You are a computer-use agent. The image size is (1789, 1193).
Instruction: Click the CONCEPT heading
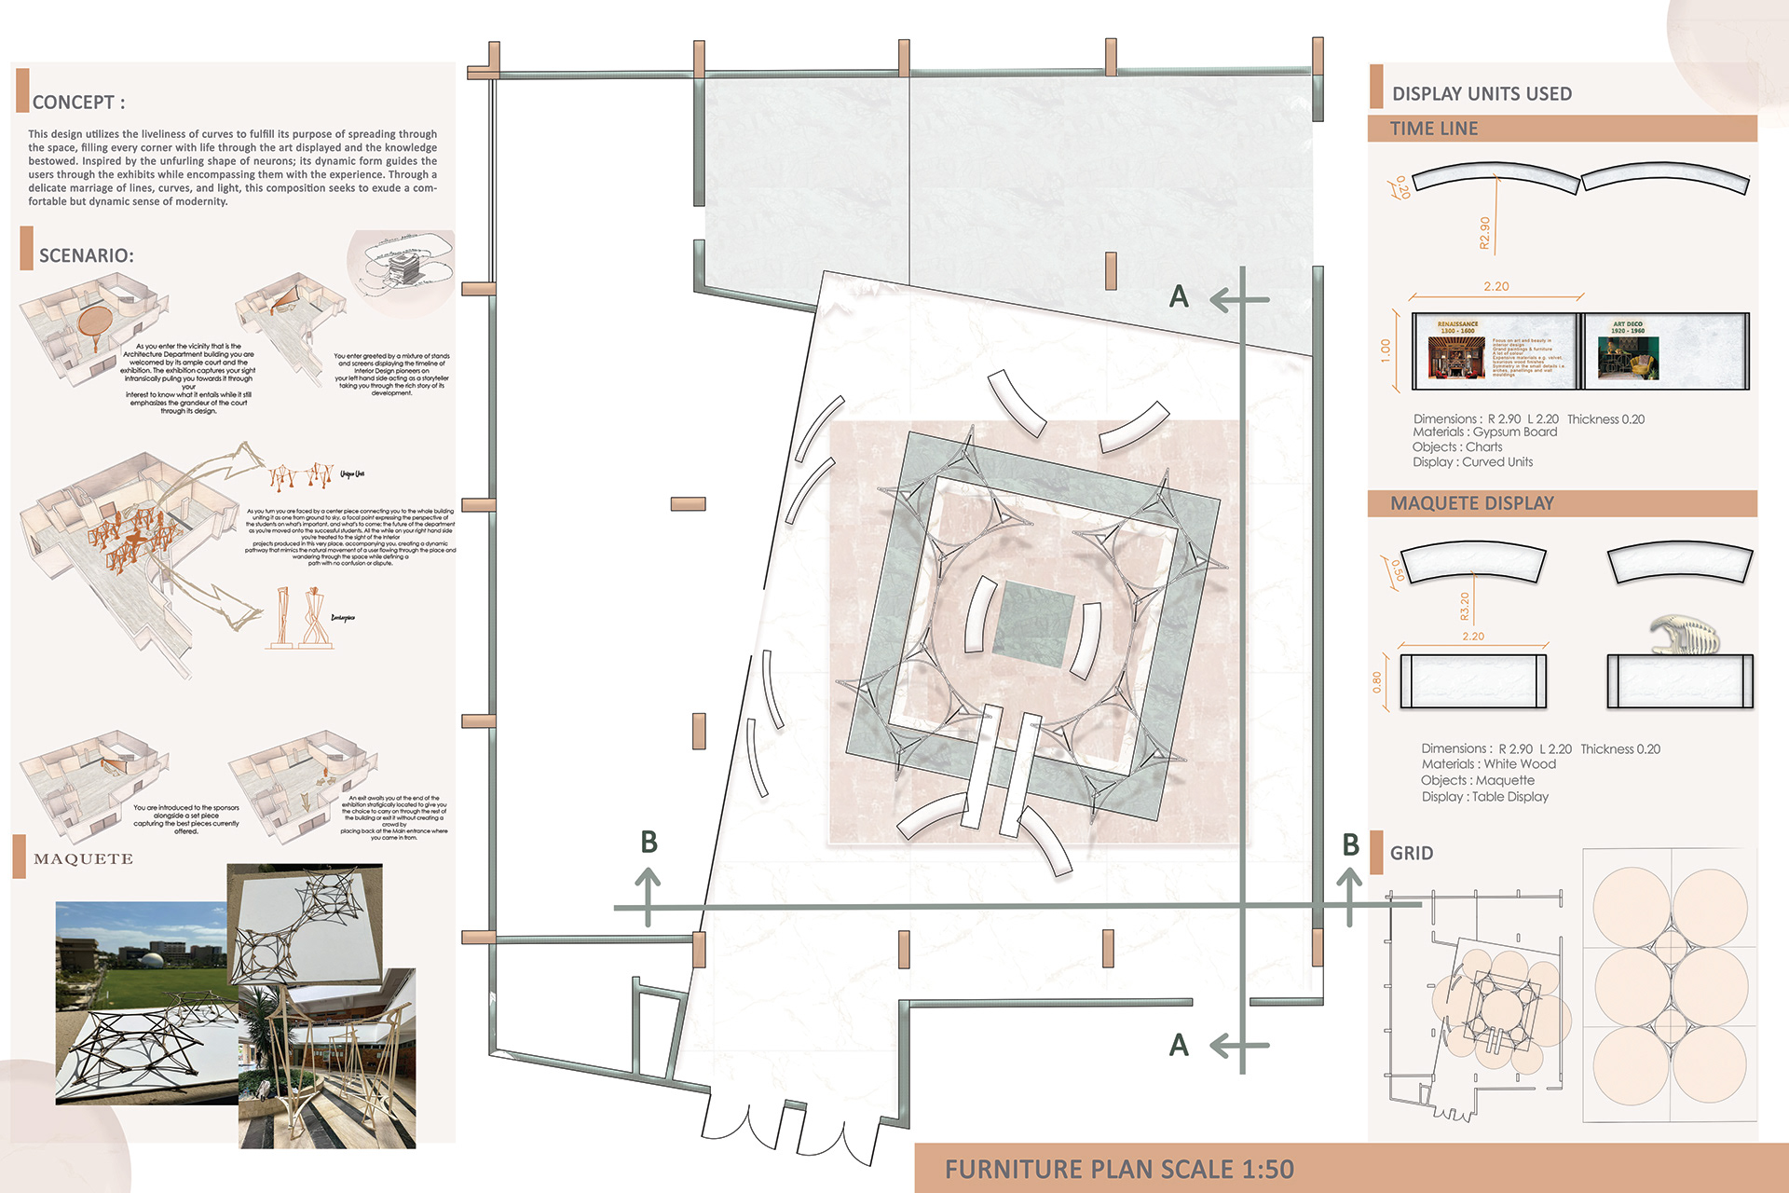tap(78, 103)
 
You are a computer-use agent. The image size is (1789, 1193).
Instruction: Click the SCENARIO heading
tap(86, 255)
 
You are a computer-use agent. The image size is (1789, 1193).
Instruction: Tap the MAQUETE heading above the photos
tap(83, 859)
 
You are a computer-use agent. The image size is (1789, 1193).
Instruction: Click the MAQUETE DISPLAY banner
tap(1471, 503)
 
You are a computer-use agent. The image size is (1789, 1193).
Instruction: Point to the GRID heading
tap(1411, 853)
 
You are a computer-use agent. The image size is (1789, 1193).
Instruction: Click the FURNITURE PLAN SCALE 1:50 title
tap(1118, 1169)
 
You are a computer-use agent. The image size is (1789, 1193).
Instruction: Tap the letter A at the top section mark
tap(1179, 296)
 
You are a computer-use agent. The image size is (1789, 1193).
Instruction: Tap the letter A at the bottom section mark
tap(1179, 1045)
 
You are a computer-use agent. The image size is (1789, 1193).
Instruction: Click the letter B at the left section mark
tap(649, 842)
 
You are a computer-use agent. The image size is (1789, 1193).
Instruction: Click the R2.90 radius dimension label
tap(1484, 232)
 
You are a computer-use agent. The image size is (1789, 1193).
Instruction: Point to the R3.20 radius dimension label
tap(1464, 606)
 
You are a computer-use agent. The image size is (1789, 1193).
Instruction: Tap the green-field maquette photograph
tap(140, 1002)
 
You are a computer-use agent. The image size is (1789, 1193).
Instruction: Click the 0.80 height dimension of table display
tap(1377, 682)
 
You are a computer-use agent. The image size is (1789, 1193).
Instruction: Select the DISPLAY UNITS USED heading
tap(1481, 94)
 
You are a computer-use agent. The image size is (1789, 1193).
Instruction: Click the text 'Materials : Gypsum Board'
tap(1484, 432)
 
